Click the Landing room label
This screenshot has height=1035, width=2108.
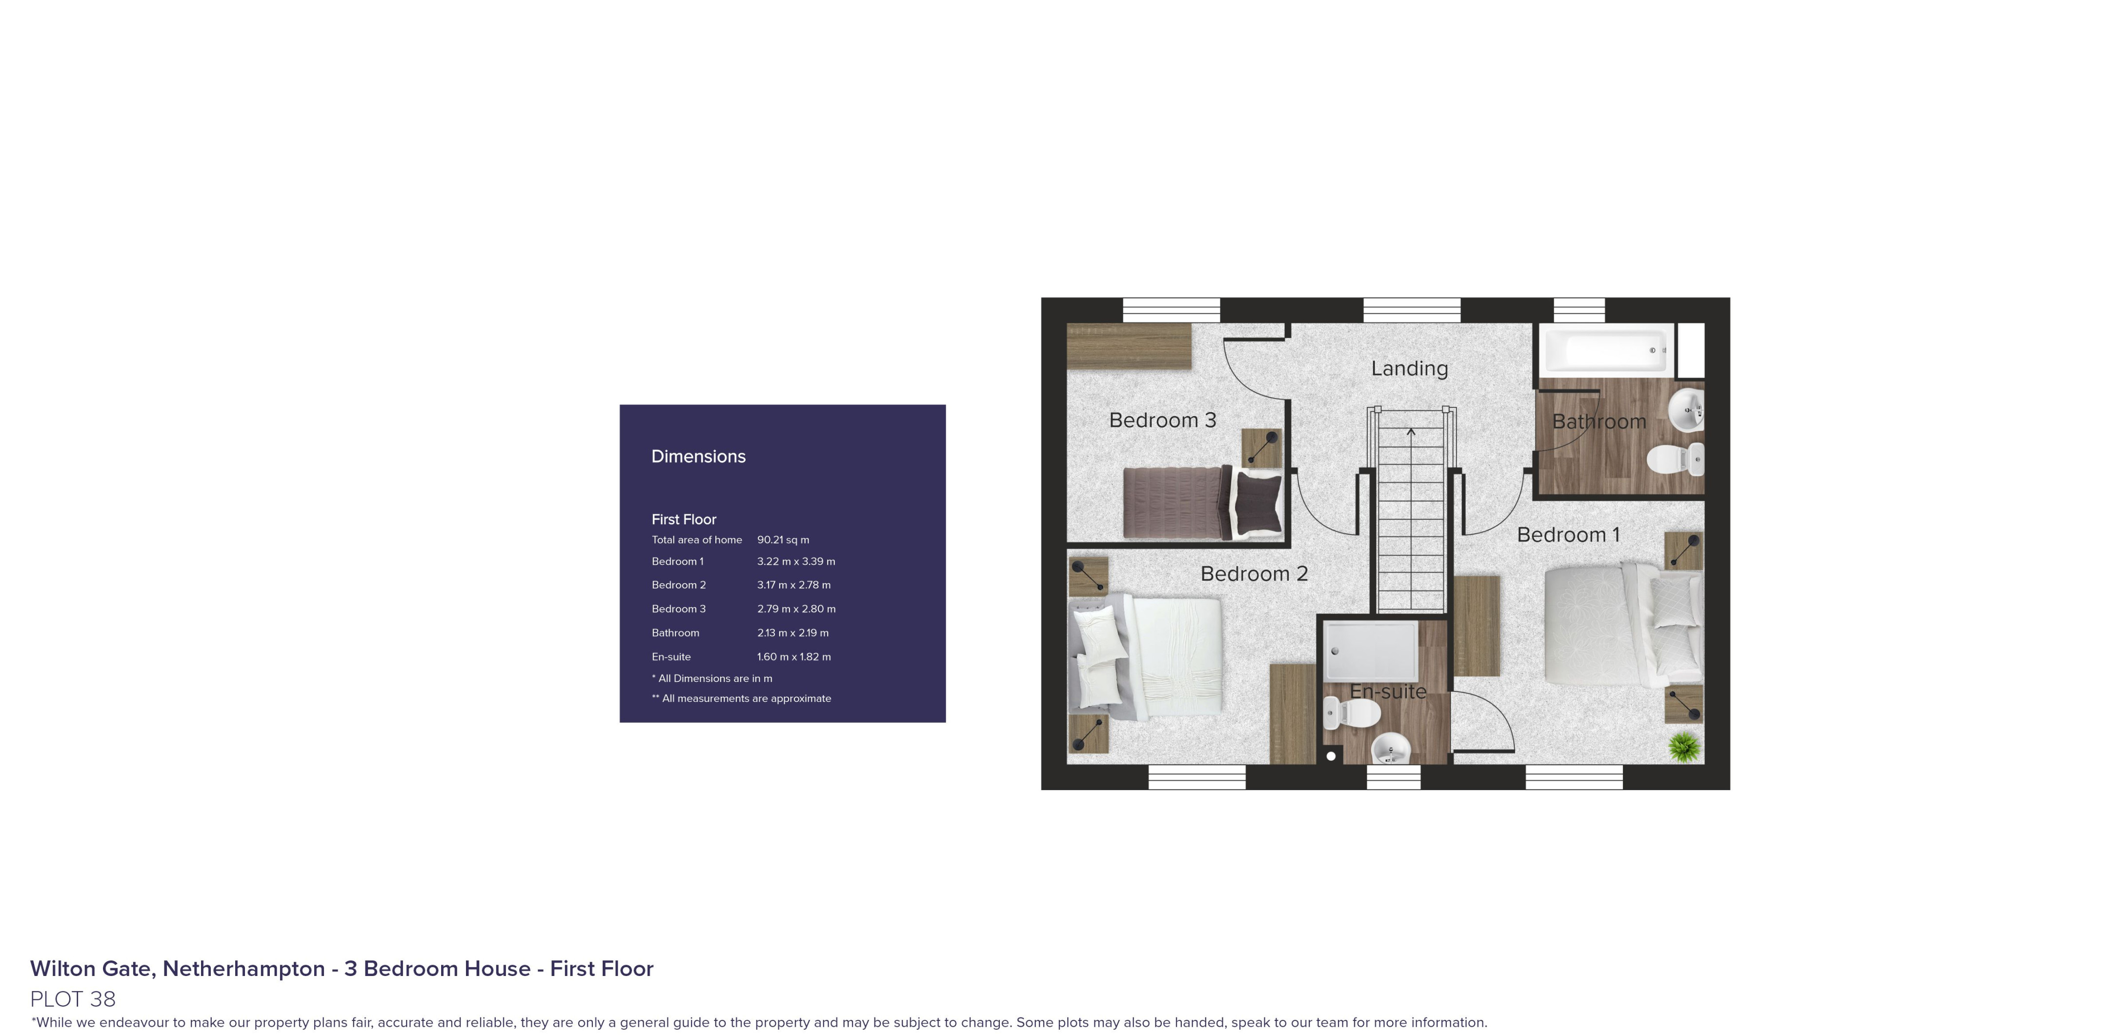coord(1409,369)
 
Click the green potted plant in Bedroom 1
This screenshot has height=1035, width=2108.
coord(1683,746)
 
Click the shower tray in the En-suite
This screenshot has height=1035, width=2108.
coord(1372,651)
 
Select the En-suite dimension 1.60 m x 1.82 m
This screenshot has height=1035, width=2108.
coord(794,657)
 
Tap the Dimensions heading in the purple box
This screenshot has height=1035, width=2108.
coord(698,457)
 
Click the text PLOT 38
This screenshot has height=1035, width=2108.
coord(73,999)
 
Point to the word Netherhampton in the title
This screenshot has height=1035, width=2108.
coord(244,969)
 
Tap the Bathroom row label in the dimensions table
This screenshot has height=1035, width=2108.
coord(675,633)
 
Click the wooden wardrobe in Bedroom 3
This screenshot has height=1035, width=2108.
coord(1129,346)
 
